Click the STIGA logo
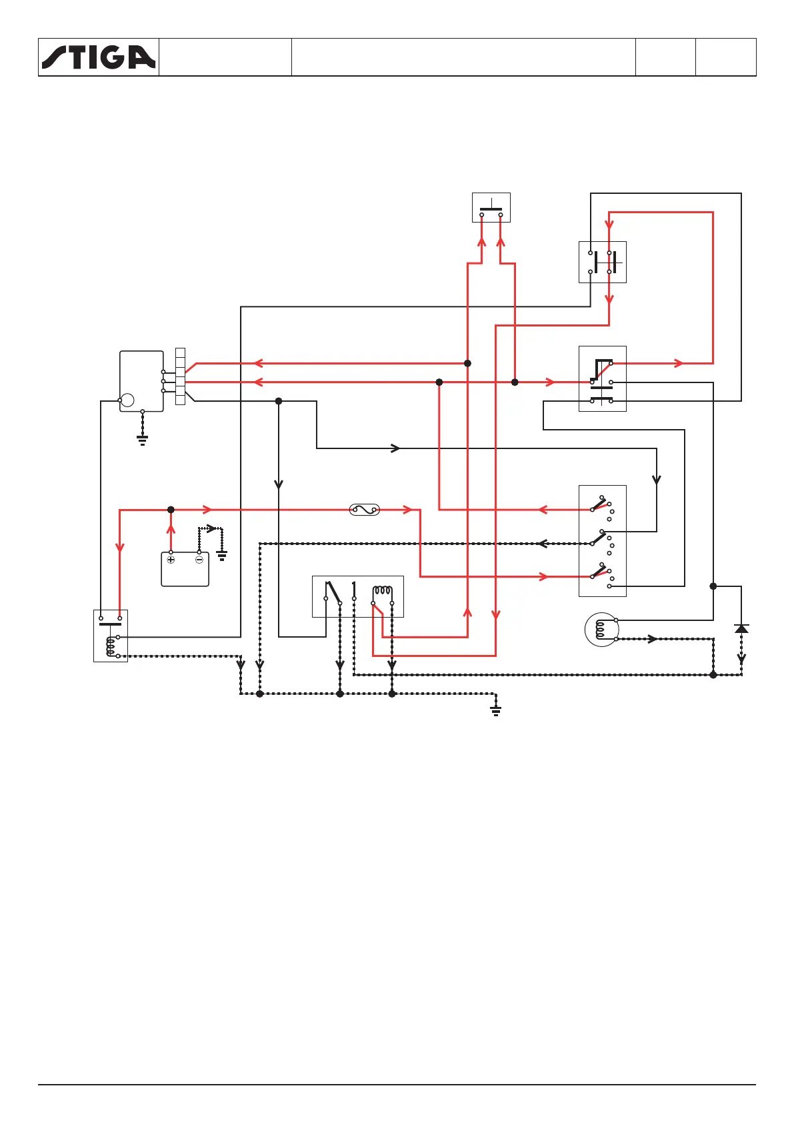pos(99,57)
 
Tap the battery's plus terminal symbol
pos(171,560)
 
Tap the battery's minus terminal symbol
pos(199,560)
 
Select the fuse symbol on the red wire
pos(365,510)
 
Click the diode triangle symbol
pos(741,628)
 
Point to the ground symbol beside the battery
pos(222,555)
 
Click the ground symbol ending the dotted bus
pos(495,710)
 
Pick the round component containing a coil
pos(601,630)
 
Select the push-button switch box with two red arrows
pos(491,207)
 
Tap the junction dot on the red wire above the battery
pos(171,510)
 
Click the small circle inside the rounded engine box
pos(127,400)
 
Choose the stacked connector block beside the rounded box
pos(180,376)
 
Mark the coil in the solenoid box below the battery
pos(111,646)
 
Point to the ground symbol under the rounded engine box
pos(142,440)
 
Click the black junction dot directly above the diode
pos(713,586)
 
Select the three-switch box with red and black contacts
pos(603,541)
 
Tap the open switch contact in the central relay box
pos(333,592)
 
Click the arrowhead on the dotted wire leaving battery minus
pos(212,529)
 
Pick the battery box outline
pos(185,570)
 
